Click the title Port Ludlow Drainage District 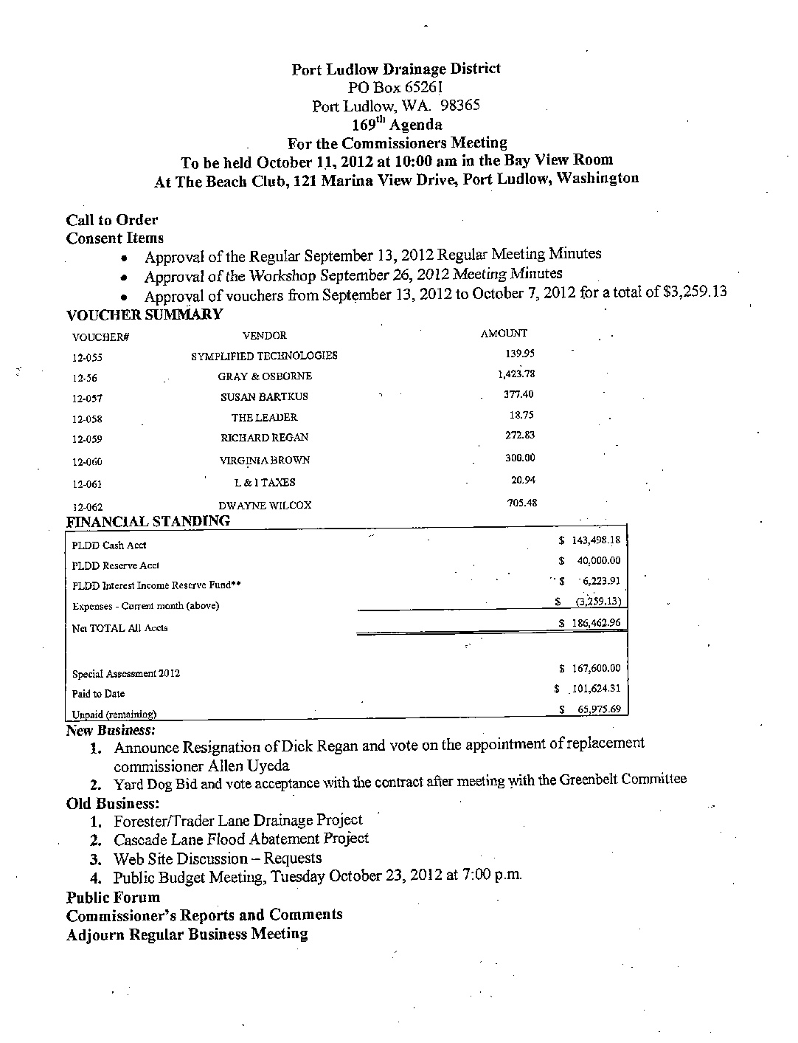tap(396, 69)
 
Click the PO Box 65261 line tap(395, 87)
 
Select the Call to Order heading tap(112, 220)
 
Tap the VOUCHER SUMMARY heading tap(145, 314)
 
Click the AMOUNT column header tap(504, 334)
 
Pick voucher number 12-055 tap(87, 357)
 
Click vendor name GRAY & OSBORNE tap(265, 376)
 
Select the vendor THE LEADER tap(264, 417)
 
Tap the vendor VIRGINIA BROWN tap(265, 460)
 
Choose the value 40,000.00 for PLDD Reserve tap(598, 561)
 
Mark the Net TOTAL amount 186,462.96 tap(596, 623)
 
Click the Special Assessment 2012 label tap(126, 674)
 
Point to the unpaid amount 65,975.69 tap(599, 710)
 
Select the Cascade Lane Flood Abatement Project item tap(241, 839)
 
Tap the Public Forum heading tap(113, 898)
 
